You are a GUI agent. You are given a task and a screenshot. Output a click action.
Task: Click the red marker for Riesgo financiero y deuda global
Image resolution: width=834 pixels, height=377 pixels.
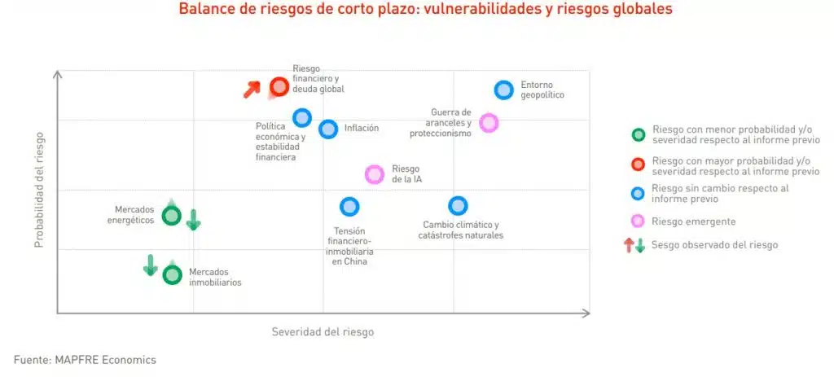(279, 86)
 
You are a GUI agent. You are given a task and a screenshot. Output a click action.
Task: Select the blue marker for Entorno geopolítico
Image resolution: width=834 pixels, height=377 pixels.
(503, 90)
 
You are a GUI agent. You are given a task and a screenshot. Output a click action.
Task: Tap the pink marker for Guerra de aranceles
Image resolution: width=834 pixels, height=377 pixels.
(489, 123)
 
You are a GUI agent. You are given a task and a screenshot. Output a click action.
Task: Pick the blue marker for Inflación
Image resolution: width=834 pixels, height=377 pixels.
(328, 129)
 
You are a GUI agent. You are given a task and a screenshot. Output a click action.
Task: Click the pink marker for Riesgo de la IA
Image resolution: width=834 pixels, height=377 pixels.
(374, 174)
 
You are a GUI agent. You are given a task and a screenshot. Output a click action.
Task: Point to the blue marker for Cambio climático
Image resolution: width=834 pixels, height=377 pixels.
(458, 206)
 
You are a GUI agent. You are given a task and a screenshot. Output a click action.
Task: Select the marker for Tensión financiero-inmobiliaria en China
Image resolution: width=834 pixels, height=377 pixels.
(349, 207)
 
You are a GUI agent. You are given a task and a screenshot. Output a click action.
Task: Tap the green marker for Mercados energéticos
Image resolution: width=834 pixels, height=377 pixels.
(171, 216)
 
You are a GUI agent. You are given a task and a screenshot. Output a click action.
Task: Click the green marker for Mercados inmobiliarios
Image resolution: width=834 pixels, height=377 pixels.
(172, 274)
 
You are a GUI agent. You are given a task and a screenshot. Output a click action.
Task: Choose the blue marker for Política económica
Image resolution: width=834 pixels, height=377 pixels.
(302, 117)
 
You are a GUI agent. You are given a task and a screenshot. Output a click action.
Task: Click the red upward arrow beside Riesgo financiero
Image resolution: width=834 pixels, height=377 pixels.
(252, 90)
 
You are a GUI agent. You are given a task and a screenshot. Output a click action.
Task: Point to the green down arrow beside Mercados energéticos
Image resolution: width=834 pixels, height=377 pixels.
(193, 219)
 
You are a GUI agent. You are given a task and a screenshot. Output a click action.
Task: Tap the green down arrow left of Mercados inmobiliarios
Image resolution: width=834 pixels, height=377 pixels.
(151, 265)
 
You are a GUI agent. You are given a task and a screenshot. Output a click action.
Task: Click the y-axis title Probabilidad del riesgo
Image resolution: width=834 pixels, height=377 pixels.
(39, 189)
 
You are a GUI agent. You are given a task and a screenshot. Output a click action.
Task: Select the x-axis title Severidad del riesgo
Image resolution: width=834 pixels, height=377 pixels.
(323, 332)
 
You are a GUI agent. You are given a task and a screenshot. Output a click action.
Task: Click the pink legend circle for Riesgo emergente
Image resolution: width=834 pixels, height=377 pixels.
(638, 221)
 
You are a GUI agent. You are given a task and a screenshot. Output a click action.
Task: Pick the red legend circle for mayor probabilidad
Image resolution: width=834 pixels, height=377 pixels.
(638, 164)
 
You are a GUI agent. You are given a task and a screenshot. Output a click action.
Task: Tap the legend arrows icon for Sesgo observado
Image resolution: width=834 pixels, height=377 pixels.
(634, 245)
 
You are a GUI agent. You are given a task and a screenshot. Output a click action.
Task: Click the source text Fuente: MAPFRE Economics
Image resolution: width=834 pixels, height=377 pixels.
(85, 360)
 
